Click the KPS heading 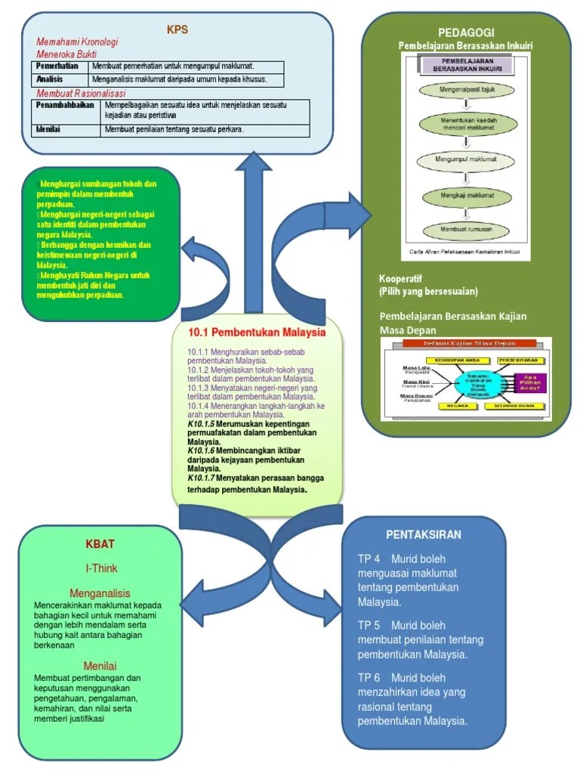tap(177, 30)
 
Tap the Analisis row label tap(50, 79)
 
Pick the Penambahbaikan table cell tap(65, 105)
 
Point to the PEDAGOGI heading tap(466, 33)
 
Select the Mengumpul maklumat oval tap(466, 160)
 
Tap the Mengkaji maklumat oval tap(466, 195)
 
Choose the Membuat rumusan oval tap(466, 228)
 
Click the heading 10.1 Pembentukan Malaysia tap(257, 332)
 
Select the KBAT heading tap(100, 543)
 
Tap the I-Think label tap(100, 568)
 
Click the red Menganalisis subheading tap(100, 593)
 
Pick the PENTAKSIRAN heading tap(424, 534)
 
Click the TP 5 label tap(369, 626)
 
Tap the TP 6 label tap(369, 678)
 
